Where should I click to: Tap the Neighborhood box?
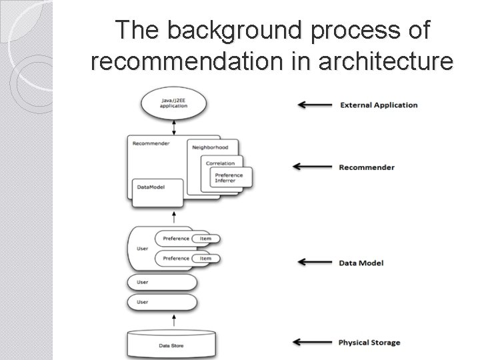pyautogui.click(x=209, y=147)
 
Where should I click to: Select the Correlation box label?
pyautogui.click(x=220, y=162)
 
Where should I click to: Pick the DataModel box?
pyautogui.click(x=157, y=191)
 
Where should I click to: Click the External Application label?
pyautogui.click(x=379, y=105)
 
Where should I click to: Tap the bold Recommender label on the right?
pyautogui.click(x=367, y=167)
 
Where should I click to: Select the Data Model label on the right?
pyautogui.click(x=361, y=263)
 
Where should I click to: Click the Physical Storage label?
pyautogui.click(x=369, y=343)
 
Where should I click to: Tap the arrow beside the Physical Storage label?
pyautogui.click(x=313, y=343)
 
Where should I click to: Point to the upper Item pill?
pyautogui.click(x=205, y=239)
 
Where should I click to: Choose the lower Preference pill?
pyautogui.click(x=177, y=258)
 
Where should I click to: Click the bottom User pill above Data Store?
pyautogui.click(x=161, y=303)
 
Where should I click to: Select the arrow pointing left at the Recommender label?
pyautogui.click(x=313, y=167)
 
